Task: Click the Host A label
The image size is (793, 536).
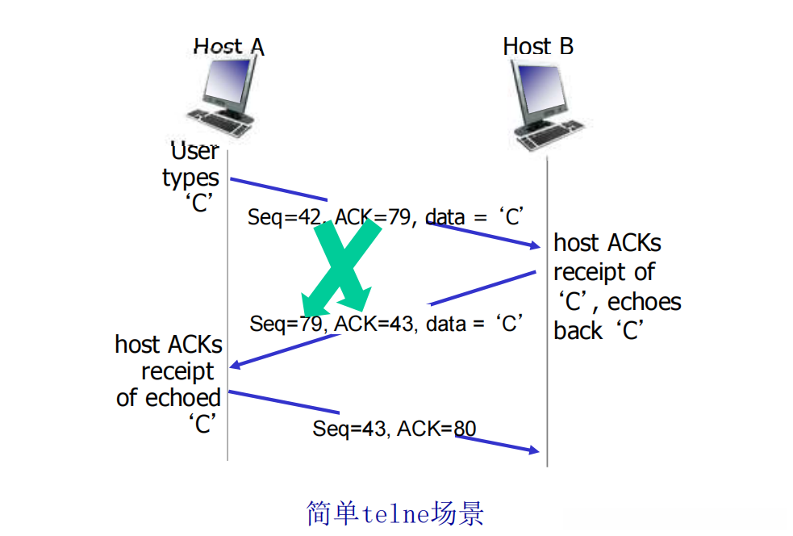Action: (228, 46)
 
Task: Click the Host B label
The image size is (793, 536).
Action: (538, 46)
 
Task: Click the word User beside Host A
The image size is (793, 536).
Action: (194, 151)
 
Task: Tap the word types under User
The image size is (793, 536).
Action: (190, 177)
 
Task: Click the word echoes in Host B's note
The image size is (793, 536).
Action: (644, 302)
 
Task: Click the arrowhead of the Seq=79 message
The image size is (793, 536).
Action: (235, 366)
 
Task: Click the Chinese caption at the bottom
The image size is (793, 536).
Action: (395, 512)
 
